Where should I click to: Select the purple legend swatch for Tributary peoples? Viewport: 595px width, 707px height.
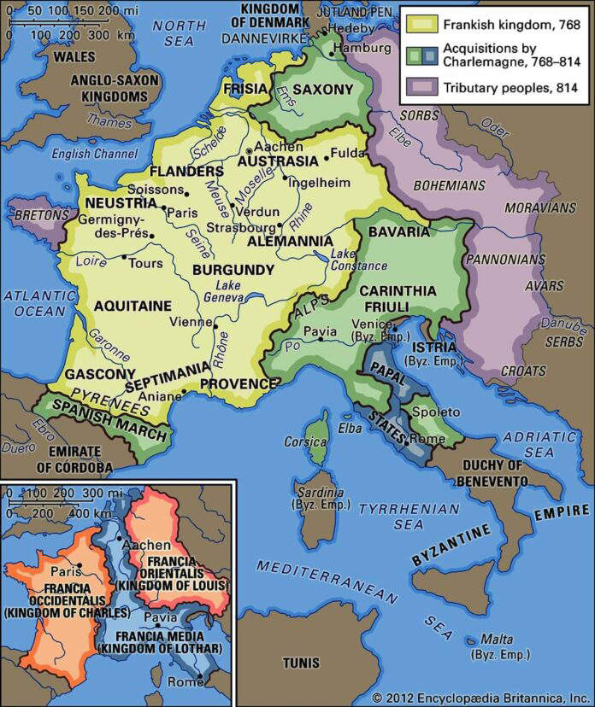421,86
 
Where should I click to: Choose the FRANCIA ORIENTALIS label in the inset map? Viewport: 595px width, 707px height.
177,569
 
